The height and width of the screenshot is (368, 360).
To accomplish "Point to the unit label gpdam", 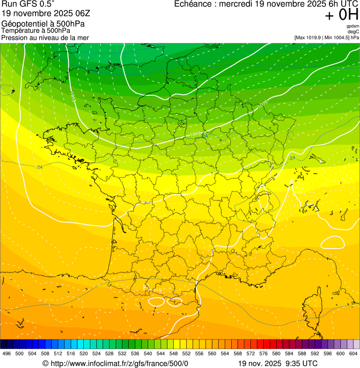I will click(353, 26).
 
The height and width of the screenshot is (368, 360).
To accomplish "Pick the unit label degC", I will click(353, 31).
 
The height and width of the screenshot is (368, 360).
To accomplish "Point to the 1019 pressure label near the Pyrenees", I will click(155, 291).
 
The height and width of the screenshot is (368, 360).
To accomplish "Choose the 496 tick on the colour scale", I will click(7, 353).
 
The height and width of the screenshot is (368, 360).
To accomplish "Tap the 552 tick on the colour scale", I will click(186, 353).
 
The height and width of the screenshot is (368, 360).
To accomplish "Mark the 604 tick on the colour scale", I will click(353, 353).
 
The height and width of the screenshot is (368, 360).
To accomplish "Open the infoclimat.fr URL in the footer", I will click(119, 363).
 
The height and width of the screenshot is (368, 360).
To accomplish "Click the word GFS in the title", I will click(28, 4).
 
